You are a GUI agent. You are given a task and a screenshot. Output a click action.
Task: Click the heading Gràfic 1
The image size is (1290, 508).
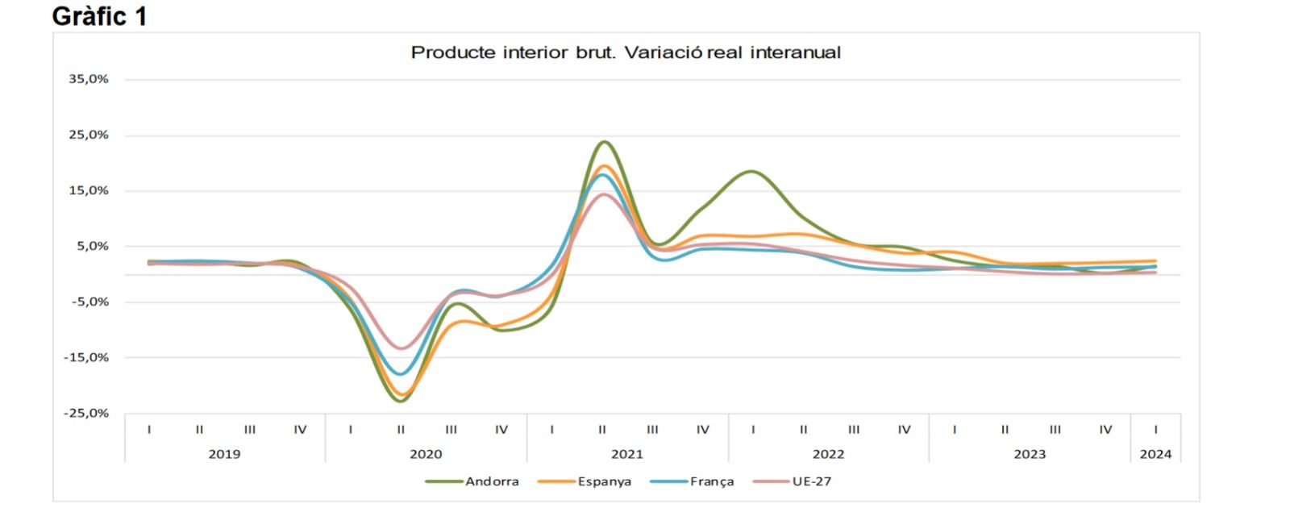pyautogui.click(x=99, y=15)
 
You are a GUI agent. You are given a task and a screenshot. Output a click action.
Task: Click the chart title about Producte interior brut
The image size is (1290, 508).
pyautogui.click(x=626, y=53)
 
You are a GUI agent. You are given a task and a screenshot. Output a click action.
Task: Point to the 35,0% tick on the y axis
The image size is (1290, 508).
pyautogui.click(x=89, y=79)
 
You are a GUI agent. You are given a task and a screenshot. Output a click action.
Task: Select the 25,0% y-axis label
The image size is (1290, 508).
pyautogui.click(x=89, y=135)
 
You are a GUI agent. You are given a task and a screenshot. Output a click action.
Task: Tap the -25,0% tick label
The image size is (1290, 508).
pyautogui.click(x=87, y=413)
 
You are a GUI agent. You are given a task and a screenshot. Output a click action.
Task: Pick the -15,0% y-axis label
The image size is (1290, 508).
pyautogui.click(x=87, y=357)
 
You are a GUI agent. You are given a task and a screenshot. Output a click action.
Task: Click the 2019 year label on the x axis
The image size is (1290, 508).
pyautogui.click(x=224, y=454)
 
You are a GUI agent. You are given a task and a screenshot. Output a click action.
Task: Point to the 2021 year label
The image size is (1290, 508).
pyautogui.click(x=626, y=454)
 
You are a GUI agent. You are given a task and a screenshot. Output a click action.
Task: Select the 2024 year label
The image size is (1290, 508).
pyautogui.click(x=1155, y=454)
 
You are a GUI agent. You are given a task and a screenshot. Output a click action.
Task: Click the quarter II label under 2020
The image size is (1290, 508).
pyautogui.click(x=401, y=430)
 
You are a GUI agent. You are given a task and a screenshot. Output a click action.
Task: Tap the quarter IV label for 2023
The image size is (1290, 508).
pyautogui.click(x=1105, y=430)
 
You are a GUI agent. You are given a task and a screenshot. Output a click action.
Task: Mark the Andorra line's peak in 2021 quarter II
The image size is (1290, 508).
pyautogui.click(x=604, y=142)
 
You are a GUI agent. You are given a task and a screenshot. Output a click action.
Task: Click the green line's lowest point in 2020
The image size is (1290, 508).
pyautogui.click(x=401, y=401)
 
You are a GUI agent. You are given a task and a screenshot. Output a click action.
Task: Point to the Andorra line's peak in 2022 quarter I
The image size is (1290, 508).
pyautogui.click(x=751, y=171)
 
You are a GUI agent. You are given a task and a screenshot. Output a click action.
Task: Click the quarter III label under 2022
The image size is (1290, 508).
pyautogui.click(x=854, y=430)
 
